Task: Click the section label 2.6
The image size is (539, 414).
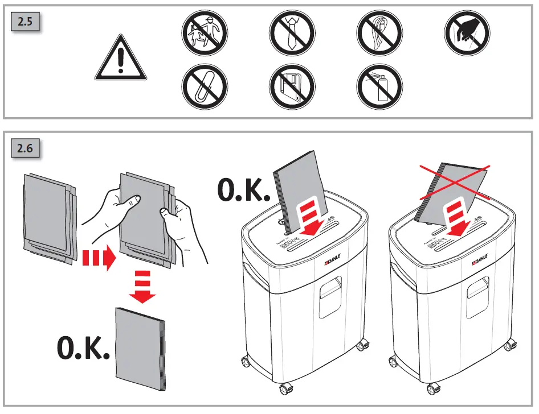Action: coord(25,150)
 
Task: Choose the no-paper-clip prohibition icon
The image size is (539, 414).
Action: coord(205,86)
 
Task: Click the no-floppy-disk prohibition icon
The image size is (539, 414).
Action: coord(292,86)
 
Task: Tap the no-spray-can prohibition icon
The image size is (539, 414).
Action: coord(379,86)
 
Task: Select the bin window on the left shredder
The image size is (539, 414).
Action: coord(330,296)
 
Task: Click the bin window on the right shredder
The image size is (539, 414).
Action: coord(477,296)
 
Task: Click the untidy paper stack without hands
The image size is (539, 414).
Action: coord(48,217)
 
